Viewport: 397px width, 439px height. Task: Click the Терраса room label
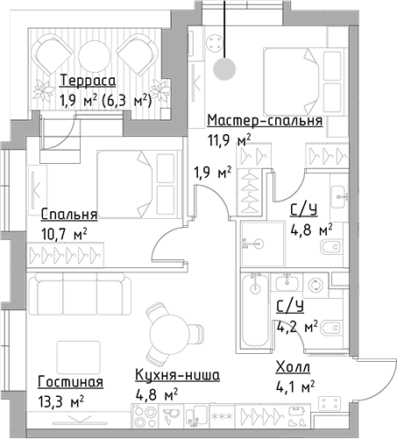[87, 81]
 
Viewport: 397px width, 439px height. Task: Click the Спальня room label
[69, 214]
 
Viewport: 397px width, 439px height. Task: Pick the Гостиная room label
[71, 382]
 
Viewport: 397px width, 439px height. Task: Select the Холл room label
[292, 367]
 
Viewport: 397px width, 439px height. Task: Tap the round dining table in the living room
[165, 334]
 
